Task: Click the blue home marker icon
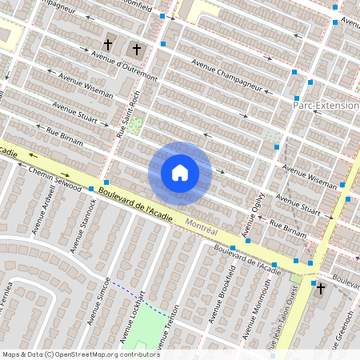[180, 173]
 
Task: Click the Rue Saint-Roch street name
[123, 118]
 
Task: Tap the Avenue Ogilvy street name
[254, 209]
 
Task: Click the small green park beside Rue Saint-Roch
[134, 126]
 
